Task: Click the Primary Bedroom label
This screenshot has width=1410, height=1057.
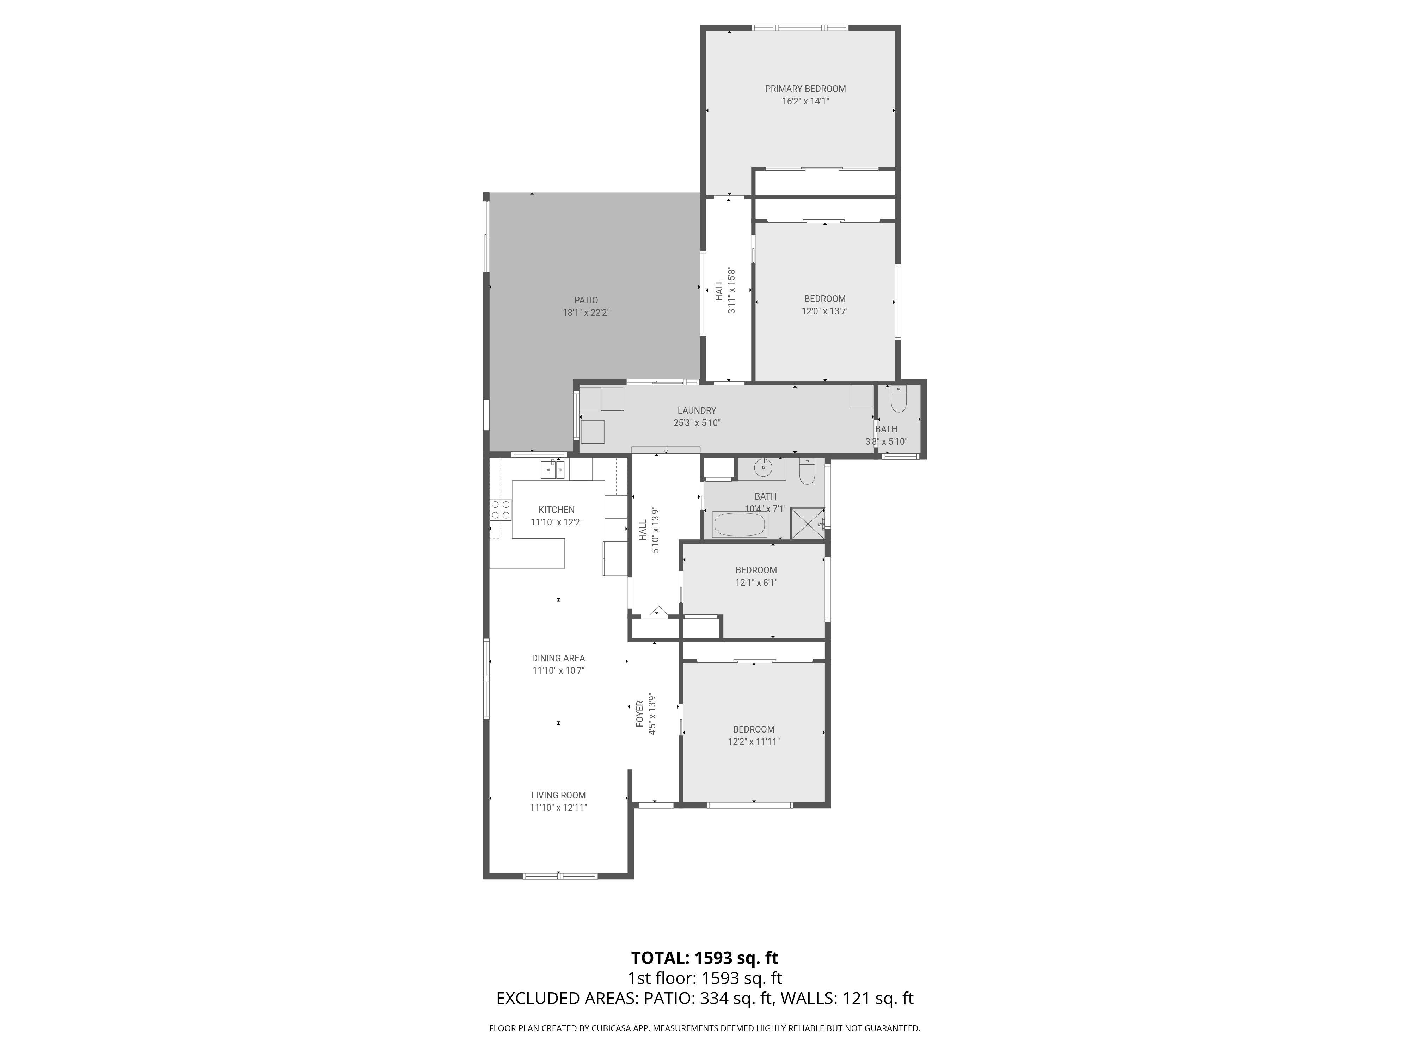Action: click(805, 88)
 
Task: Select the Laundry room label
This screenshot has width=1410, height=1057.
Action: click(697, 410)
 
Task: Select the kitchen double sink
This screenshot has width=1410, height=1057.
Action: click(553, 470)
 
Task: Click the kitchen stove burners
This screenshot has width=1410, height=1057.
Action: click(501, 510)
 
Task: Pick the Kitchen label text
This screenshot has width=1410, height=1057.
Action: click(557, 510)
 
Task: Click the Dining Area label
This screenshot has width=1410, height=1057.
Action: click(558, 658)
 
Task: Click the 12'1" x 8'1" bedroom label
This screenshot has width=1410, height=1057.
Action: click(756, 570)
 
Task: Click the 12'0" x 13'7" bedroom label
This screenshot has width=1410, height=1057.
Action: click(825, 299)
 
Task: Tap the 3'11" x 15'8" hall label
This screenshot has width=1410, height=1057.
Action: click(725, 291)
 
